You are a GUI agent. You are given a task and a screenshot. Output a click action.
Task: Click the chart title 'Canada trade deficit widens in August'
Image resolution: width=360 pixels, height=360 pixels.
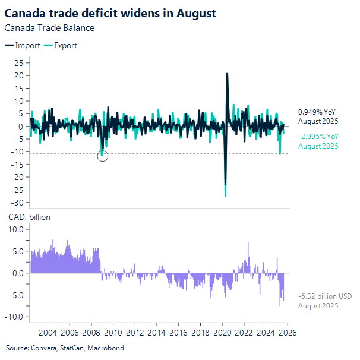[110, 12]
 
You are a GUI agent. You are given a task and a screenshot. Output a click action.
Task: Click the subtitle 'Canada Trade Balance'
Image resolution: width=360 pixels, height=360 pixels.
[49, 27]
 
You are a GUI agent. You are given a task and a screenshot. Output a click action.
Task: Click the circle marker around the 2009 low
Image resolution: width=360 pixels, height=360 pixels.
[102, 156]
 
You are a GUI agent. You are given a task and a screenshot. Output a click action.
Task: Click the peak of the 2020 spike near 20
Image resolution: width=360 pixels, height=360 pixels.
[227, 74]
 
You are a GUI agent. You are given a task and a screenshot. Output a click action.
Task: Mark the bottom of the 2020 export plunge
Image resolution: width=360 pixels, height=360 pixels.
[225, 195]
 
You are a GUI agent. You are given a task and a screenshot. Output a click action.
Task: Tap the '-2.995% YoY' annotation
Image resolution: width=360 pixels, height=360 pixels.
[318, 137]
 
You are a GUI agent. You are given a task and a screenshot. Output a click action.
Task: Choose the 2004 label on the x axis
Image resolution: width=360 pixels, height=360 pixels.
[48, 332]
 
